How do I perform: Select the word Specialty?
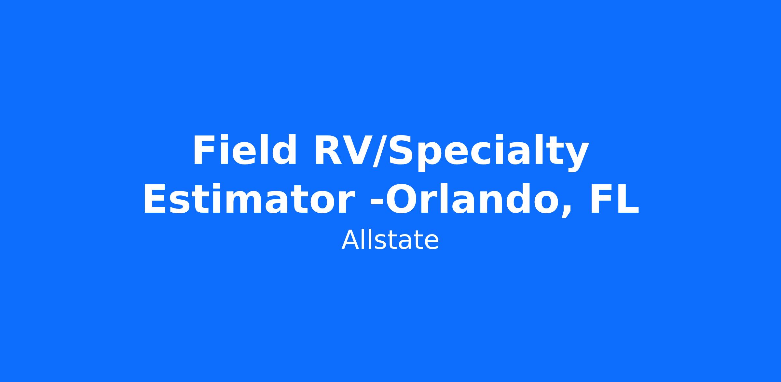(x=488, y=152)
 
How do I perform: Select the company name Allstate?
(x=390, y=240)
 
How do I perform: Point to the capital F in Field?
(x=203, y=150)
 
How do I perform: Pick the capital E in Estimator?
(x=155, y=199)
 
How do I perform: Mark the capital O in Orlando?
(x=400, y=199)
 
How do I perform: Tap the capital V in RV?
(x=357, y=150)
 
